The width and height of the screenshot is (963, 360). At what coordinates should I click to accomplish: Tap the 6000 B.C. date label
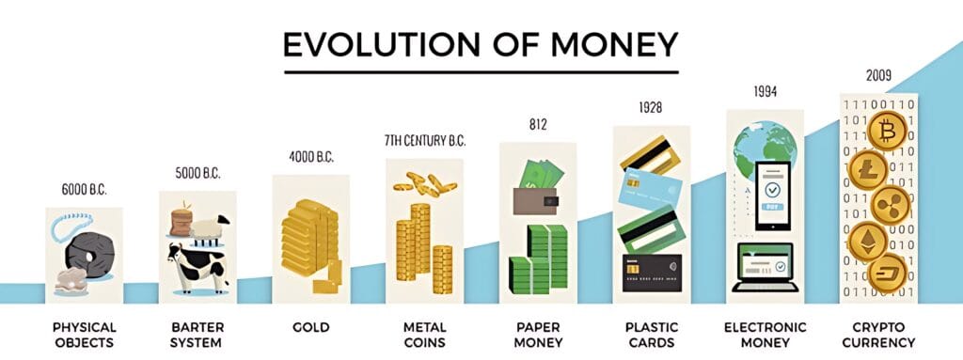click(84, 190)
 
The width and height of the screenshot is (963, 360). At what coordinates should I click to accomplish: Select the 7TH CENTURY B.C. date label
click(425, 141)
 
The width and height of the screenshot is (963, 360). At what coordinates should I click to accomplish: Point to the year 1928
click(651, 107)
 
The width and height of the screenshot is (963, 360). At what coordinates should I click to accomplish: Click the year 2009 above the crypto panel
click(879, 75)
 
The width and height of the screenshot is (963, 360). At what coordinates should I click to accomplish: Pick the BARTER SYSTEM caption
click(197, 335)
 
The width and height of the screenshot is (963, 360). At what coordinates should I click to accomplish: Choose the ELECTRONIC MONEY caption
click(765, 335)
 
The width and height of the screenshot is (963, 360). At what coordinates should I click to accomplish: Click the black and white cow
click(197, 267)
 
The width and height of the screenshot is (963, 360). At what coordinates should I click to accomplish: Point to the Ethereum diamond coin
click(868, 242)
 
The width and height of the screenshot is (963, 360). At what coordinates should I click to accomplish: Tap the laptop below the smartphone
click(766, 268)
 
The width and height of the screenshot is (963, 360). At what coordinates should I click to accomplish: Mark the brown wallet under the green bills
click(535, 201)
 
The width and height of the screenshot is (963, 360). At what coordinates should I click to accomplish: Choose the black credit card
click(652, 273)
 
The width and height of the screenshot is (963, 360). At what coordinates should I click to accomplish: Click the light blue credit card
click(651, 189)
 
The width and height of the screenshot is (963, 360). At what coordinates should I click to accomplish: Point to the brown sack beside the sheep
click(182, 223)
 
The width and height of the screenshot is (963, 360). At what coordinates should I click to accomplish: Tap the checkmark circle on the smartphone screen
click(773, 190)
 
